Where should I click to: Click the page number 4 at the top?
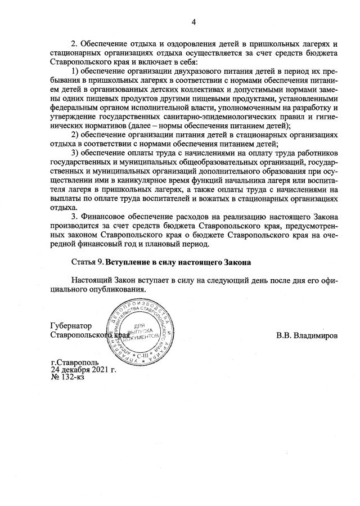(x=193, y=22)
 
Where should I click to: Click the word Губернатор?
(x=71, y=326)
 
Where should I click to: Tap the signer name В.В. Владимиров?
(x=307, y=335)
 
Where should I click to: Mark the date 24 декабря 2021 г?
(x=83, y=370)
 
